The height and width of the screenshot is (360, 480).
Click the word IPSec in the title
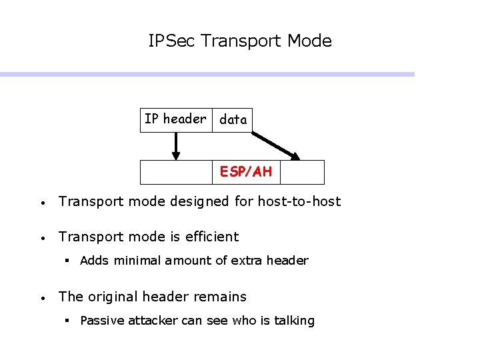(172, 41)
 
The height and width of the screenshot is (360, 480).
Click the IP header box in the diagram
(176, 119)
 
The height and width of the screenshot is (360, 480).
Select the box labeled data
(233, 120)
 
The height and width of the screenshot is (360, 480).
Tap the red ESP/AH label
(246, 172)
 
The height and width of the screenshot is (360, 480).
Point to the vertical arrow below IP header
(176, 146)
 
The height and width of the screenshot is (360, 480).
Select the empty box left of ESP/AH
(176, 172)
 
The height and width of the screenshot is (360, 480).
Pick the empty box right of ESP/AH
(302, 172)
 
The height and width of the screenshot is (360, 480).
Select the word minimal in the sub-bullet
(135, 261)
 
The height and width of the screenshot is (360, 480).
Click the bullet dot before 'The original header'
(41, 298)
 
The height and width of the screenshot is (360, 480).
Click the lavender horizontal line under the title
(207, 75)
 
